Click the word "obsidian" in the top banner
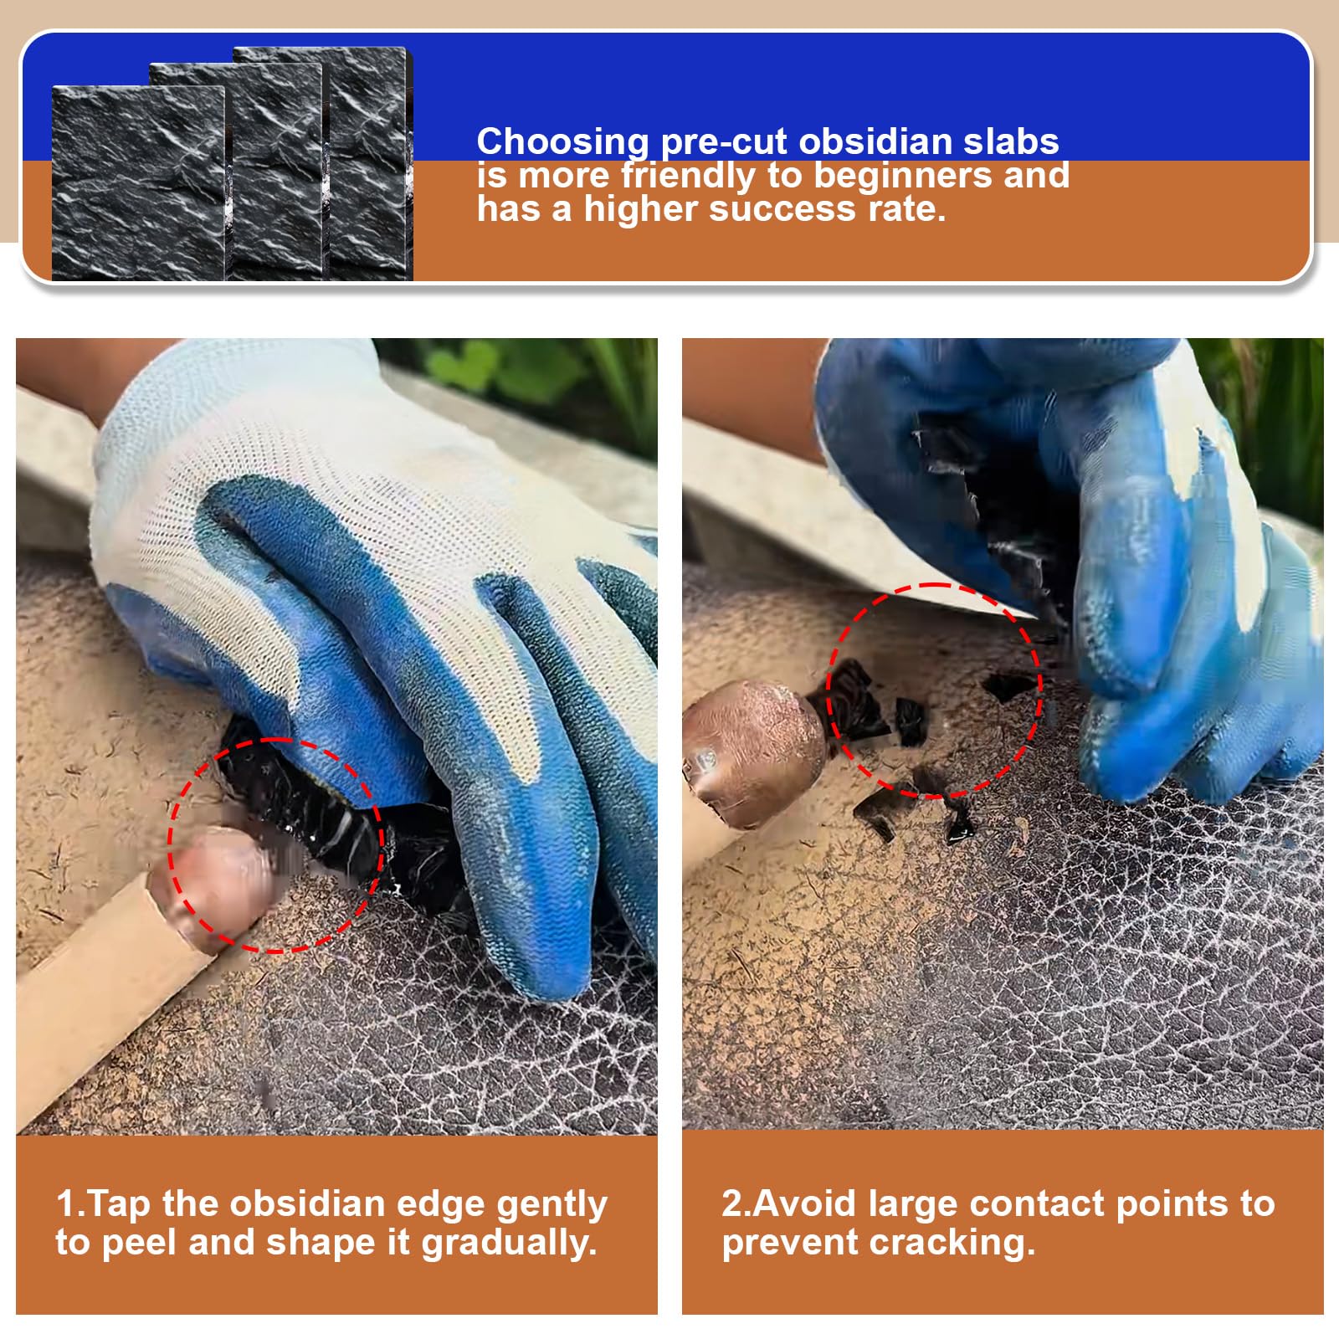(x=881, y=141)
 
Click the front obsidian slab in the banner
(x=138, y=182)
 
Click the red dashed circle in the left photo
(x=169, y=845)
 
